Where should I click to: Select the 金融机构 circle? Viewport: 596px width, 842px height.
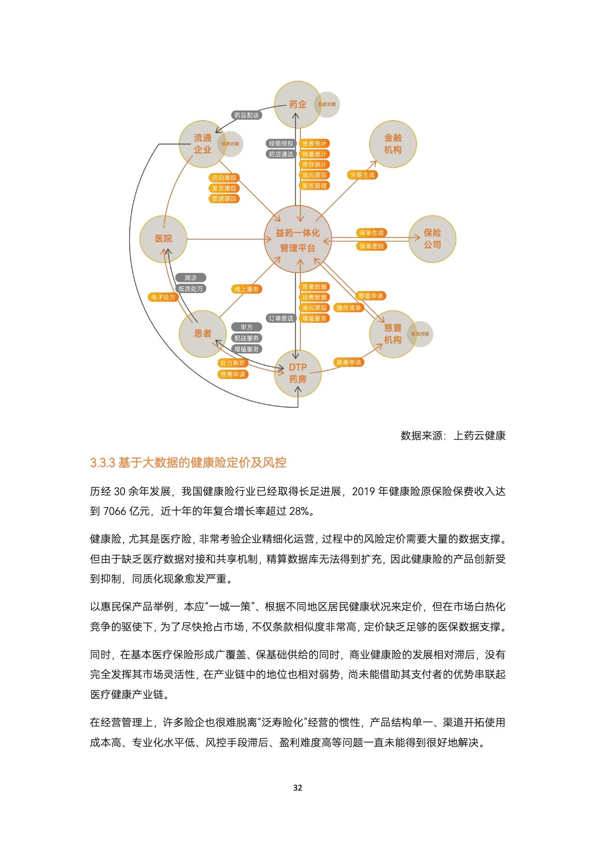(x=393, y=144)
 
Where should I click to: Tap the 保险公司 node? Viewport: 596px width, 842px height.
(x=432, y=239)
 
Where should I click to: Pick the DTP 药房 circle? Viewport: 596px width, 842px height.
(x=298, y=373)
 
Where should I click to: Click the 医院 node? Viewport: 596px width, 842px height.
(x=163, y=239)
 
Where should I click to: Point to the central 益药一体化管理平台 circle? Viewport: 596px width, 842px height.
(x=298, y=240)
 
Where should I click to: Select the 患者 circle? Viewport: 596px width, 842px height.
(x=203, y=333)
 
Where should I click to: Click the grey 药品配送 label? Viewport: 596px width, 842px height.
(x=247, y=115)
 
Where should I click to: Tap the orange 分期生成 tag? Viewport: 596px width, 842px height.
(x=362, y=175)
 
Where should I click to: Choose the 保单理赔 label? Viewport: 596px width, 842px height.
(x=372, y=246)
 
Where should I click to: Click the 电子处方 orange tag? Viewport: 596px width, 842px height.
(x=163, y=297)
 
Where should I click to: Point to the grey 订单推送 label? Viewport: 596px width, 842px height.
(x=281, y=318)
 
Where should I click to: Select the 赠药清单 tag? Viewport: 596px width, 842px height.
(x=348, y=308)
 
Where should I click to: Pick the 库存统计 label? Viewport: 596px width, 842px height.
(x=314, y=165)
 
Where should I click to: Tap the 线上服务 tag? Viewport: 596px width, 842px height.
(x=247, y=289)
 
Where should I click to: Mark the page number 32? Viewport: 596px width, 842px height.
(x=298, y=788)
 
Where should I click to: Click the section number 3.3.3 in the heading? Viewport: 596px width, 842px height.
(x=102, y=463)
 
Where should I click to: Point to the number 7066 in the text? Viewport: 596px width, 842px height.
(x=114, y=511)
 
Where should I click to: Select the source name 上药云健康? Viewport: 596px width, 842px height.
(x=480, y=436)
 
